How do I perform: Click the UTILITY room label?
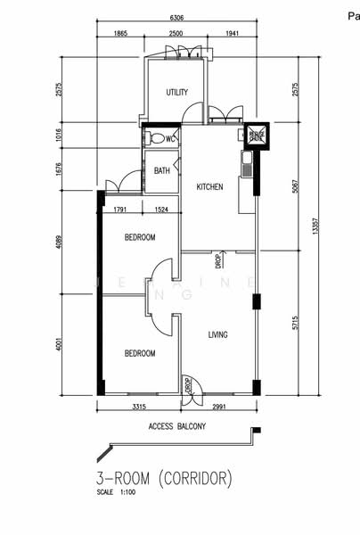tap(176, 93)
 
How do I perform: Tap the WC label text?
tap(169, 138)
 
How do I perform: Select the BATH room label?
tap(161, 170)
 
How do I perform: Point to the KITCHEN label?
tap(209, 187)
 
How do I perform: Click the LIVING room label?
tap(217, 335)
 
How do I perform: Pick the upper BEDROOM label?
tap(140, 237)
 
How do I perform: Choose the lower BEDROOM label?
tap(140, 353)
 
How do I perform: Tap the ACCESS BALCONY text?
tap(177, 427)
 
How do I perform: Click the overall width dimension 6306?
tap(184, 17)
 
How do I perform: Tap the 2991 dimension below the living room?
tap(224, 407)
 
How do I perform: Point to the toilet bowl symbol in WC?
tap(157, 138)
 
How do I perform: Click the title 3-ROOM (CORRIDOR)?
tap(165, 479)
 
